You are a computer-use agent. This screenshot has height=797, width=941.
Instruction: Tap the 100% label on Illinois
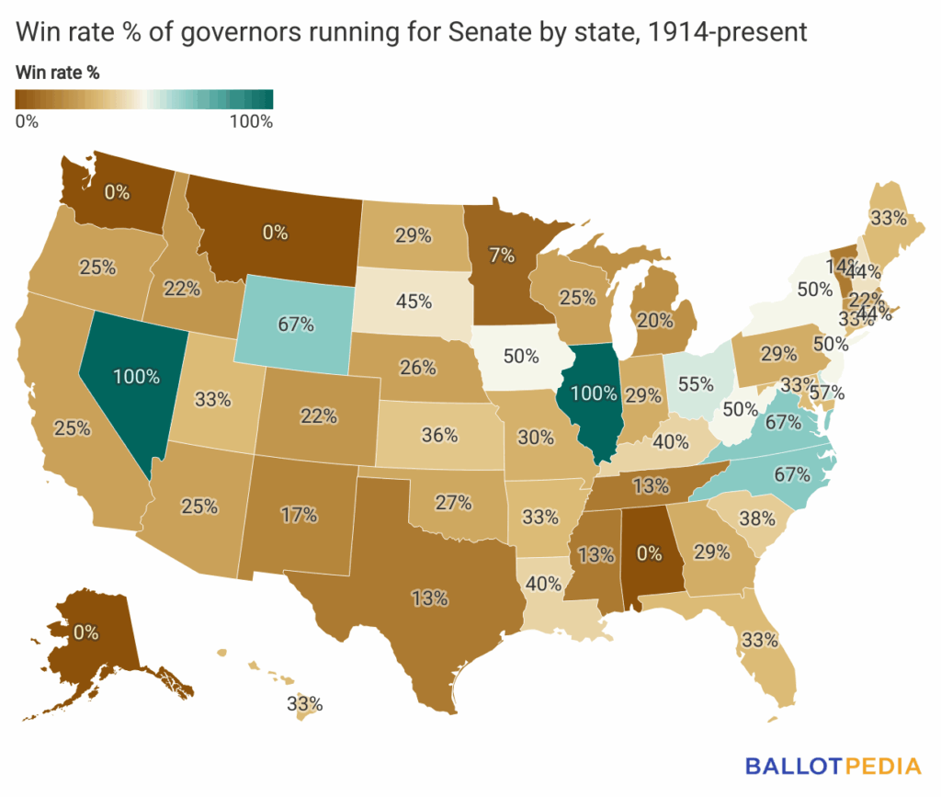pyautogui.click(x=593, y=394)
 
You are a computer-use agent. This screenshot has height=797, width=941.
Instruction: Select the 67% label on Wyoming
pyautogui.click(x=296, y=324)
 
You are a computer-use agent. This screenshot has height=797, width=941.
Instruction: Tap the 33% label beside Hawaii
pyautogui.click(x=304, y=704)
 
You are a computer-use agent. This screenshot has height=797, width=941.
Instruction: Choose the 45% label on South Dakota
pyautogui.click(x=414, y=301)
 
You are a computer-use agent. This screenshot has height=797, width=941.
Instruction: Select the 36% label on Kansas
pyautogui.click(x=439, y=435)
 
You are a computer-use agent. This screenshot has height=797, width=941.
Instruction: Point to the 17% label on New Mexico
pyautogui.click(x=299, y=516)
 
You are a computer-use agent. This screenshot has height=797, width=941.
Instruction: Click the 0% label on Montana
pyautogui.click(x=276, y=233)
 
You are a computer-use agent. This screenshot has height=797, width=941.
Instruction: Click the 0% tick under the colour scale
pyautogui.click(x=27, y=121)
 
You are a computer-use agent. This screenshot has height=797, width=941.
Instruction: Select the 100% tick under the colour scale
pyautogui.click(x=251, y=121)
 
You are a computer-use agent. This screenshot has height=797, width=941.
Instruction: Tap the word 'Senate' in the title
pyautogui.click(x=488, y=32)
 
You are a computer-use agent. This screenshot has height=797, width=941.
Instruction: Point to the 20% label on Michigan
pyautogui.click(x=654, y=320)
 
